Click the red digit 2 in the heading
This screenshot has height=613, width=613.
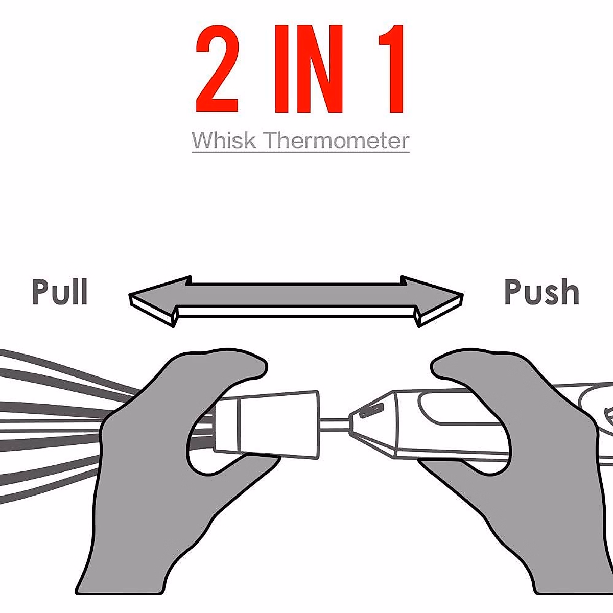218,69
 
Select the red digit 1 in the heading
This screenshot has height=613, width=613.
390,69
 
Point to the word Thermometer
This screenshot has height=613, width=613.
337,140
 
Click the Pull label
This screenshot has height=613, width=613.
60,292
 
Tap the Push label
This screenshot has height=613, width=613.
541,292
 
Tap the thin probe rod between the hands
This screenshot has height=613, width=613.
334,423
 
